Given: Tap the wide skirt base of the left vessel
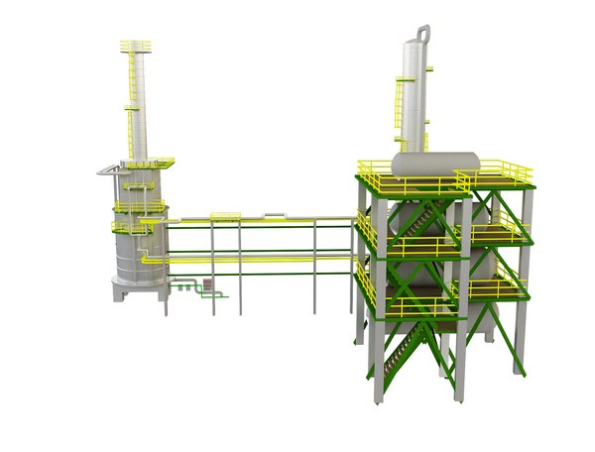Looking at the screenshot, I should click(x=137, y=288).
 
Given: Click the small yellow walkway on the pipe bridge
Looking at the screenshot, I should click(x=226, y=216).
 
